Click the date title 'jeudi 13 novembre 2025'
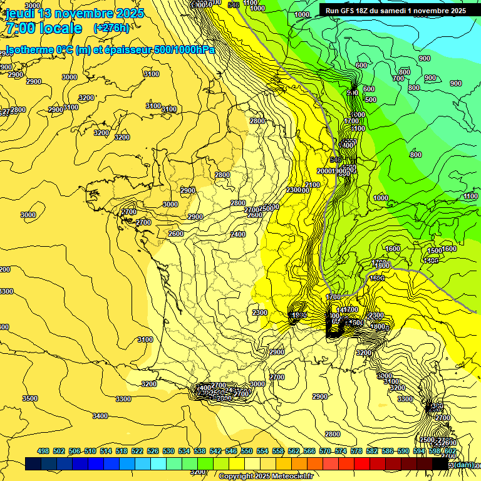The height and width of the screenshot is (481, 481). [x=75, y=13]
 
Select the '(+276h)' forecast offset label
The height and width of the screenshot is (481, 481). [x=111, y=28]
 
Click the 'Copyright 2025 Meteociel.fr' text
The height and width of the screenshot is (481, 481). [x=266, y=476]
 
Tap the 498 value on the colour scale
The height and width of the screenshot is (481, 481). [x=43, y=451]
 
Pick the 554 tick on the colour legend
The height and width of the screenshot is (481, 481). [x=262, y=451]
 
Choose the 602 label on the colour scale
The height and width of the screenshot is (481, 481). [x=450, y=451]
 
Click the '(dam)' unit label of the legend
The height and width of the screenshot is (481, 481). [x=463, y=464]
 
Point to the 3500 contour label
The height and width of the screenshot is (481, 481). [x=29, y=398]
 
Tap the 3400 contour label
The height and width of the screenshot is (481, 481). [x=100, y=416]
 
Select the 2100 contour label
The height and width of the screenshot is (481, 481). [x=312, y=185]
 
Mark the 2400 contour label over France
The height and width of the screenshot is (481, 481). [x=238, y=234]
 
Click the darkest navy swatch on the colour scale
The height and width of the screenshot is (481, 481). [x=33, y=464]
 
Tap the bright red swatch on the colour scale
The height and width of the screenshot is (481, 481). [x=362, y=464]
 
